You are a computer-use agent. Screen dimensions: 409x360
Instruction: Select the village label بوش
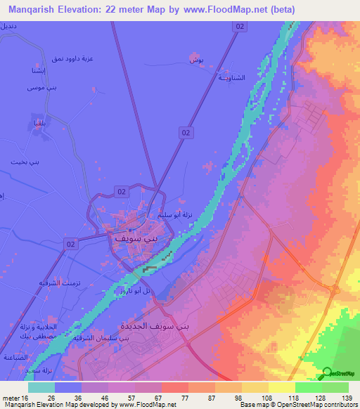click(x=197, y=61)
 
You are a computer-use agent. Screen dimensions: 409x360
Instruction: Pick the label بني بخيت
click(x=23, y=162)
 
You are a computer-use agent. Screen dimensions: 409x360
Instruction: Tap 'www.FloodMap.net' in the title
click(x=219, y=9)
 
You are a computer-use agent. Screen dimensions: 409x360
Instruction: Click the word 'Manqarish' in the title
click(x=34, y=9)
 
